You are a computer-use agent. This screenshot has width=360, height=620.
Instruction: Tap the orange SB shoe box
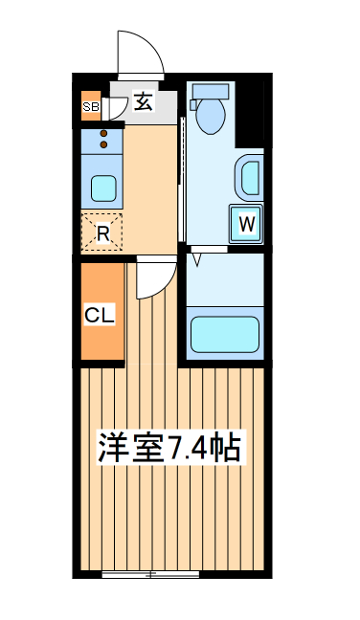point(91,106)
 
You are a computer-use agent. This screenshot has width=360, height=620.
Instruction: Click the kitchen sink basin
point(103,186)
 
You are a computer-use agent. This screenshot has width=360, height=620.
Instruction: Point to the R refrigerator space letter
point(102,231)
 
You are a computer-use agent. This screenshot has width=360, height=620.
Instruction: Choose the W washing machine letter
point(246,225)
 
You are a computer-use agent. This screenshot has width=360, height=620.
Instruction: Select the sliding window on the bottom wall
point(150,574)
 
